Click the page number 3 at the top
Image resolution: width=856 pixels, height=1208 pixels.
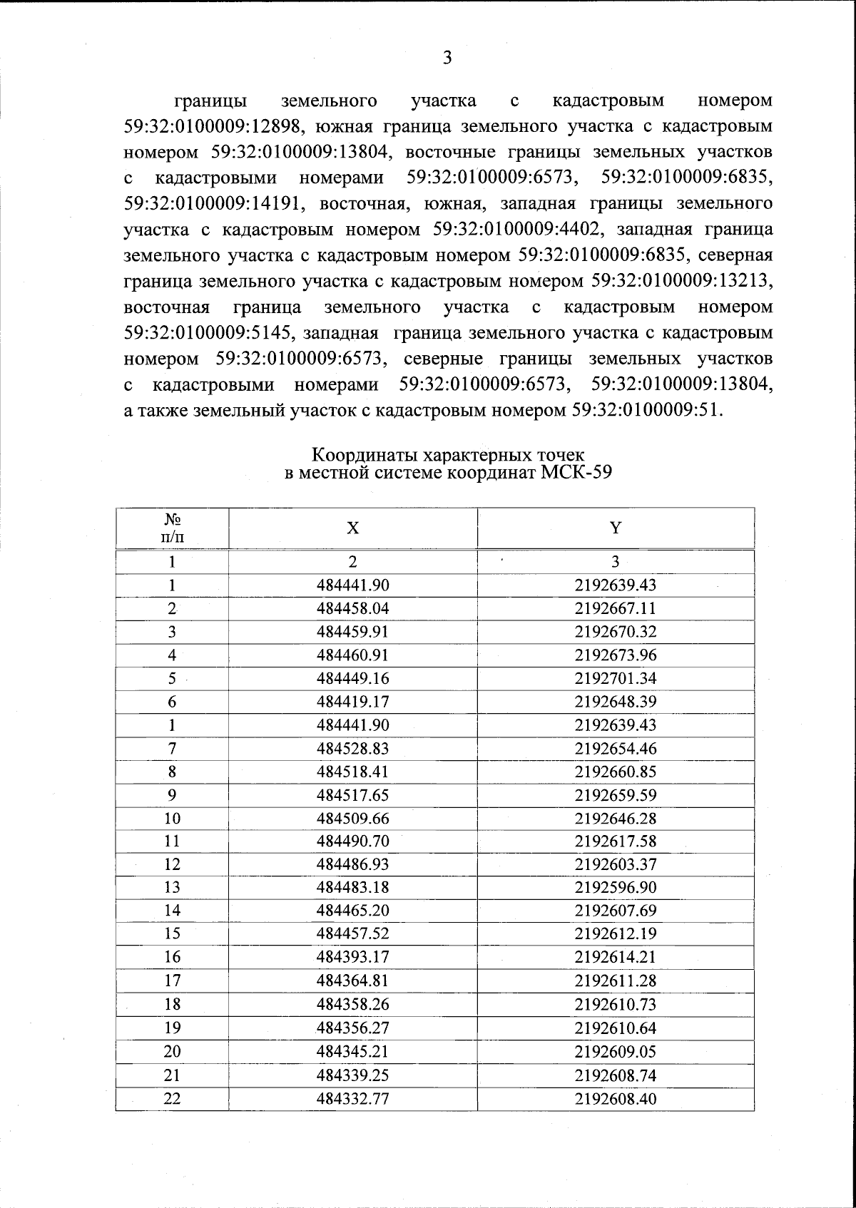point(447,58)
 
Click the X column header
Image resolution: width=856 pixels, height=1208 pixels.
point(352,528)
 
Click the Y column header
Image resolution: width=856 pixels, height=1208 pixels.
point(616,528)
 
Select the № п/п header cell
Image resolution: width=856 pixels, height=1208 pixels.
point(172,528)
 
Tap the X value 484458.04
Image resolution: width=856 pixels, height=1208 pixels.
point(352,609)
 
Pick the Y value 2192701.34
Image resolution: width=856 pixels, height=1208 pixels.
point(616,678)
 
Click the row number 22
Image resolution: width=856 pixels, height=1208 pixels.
point(172,1099)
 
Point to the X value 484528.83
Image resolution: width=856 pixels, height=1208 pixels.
point(352,749)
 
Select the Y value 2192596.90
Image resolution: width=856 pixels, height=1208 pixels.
point(616,888)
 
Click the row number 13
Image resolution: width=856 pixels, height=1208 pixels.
point(172,888)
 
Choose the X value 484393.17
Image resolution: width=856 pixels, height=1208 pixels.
point(352,957)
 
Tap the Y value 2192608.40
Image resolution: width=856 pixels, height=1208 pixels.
point(616,1099)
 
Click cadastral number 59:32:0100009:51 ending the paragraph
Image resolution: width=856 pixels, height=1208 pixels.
point(646,411)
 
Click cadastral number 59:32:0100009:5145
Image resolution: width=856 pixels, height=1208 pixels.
point(206,333)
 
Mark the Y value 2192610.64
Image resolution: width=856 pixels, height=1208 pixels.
point(616,1028)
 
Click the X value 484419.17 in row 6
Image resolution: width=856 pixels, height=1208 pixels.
point(352,702)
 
